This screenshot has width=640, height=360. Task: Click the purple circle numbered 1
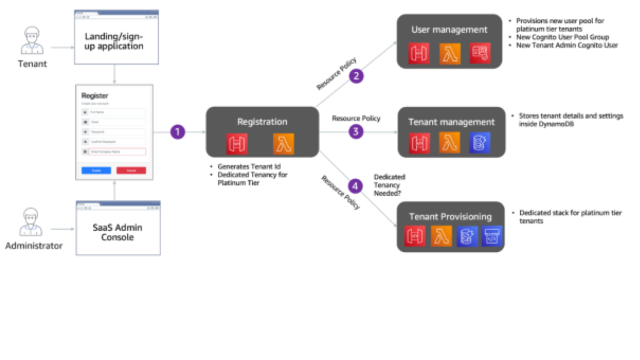click(x=177, y=132)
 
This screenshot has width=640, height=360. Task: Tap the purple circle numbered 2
click(x=356, y=76)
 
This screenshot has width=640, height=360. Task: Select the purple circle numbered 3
click(x=356, y=132)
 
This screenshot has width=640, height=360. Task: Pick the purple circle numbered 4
click(x=355, y=186)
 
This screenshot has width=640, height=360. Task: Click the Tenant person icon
click(x=32, y=41)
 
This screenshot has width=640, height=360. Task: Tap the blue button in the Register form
click(x=96, y=170)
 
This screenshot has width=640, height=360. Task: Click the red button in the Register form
click(x=131, y=170)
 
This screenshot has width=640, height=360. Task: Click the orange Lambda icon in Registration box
click(x=283, y=144)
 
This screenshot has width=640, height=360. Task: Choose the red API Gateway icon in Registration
click(x=237, y=144)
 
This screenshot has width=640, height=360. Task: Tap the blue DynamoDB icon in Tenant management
click(x=480, y=143)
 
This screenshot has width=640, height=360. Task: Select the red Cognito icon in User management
click(x=480, y=54)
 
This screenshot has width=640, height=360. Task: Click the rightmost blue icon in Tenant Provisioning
click(x=492, y=236)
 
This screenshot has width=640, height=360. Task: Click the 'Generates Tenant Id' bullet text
click(x=249, y=167)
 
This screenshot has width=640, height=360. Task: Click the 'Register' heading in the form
click(x=95, y=96)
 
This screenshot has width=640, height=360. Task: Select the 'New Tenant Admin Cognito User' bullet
click(x=567, y=45)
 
